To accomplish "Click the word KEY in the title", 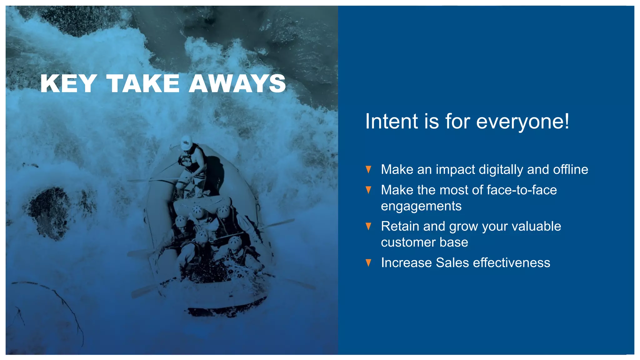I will tap(68, 83).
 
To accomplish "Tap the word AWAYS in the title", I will tap(237, 83).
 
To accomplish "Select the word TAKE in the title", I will tap(143, 83).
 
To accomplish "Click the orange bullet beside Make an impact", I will tap(368, 170).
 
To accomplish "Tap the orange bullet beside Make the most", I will tap(368, 190).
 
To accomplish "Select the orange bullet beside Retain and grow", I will tap(368, 226).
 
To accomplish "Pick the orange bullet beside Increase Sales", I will tap(368, 263).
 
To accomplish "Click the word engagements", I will tap(421, 206).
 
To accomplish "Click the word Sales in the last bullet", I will tap(452, 263).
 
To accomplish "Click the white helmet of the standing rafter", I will tap(187, 142).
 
